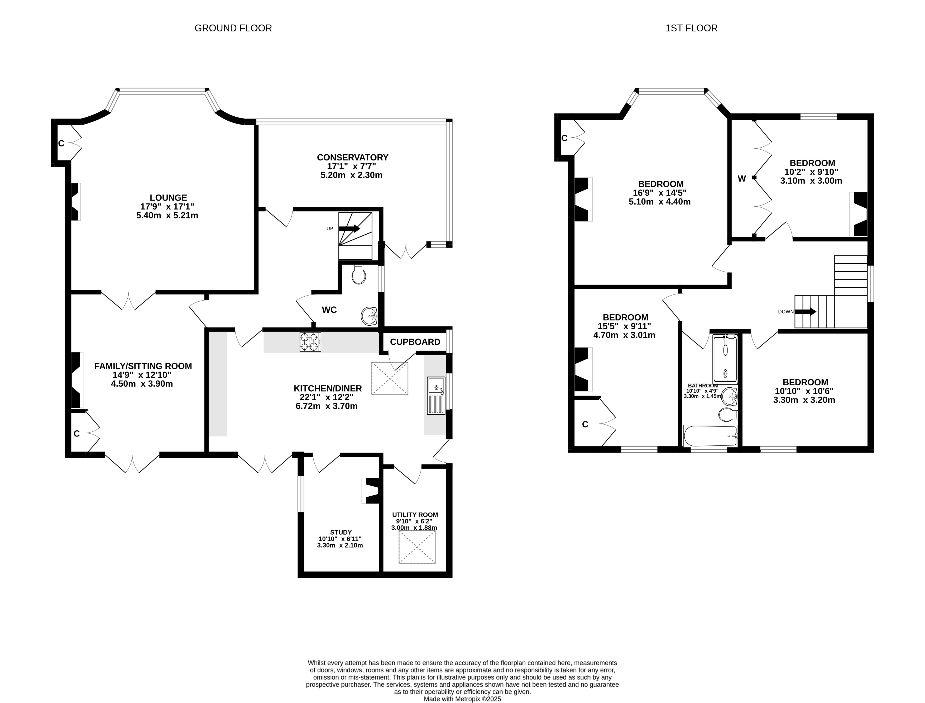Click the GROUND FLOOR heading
[233, 28]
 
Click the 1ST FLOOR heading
[691, 28]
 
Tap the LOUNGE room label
[169, 197]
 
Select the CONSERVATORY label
[353, 157]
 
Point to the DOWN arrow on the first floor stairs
[806, 312]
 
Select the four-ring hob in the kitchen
[310, 341]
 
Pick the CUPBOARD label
[415, 342]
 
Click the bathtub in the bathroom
[710, 436]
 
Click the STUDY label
[341, 532]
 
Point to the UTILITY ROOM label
[415, 515]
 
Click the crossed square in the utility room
[417, 547]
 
